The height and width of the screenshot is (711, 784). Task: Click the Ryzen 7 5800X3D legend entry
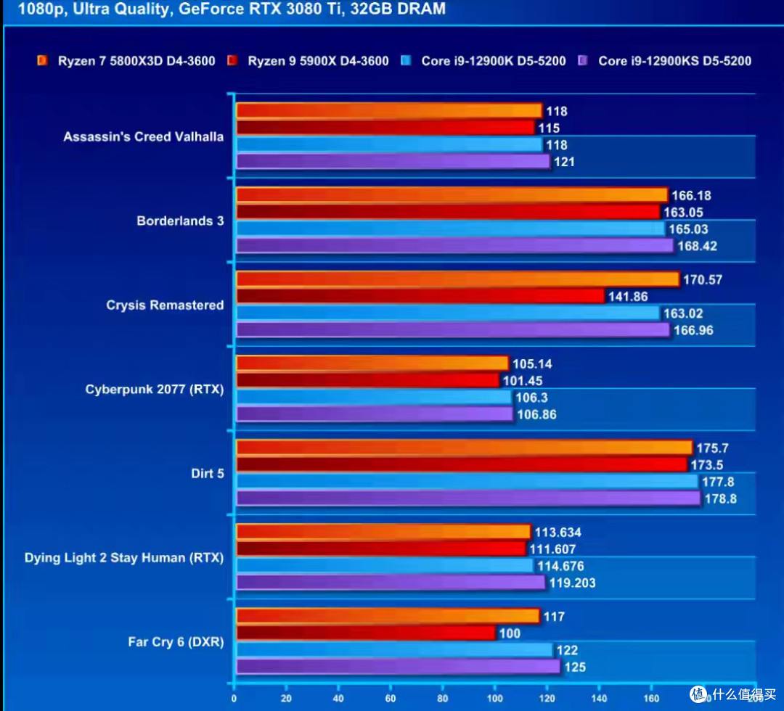126,61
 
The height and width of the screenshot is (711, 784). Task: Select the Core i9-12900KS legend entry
664,61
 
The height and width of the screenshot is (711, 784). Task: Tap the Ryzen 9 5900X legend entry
308,61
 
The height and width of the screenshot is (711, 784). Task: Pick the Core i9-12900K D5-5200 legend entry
483,61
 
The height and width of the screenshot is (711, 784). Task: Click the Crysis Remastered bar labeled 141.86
420,296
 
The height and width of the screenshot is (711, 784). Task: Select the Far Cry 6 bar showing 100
365,633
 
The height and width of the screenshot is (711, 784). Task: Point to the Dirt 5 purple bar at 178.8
468,498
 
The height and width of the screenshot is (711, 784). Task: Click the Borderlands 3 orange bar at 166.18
452,195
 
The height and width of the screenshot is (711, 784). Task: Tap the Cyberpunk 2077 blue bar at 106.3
374,398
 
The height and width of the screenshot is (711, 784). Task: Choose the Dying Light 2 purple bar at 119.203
391,583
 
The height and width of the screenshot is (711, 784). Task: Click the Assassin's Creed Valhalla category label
143,136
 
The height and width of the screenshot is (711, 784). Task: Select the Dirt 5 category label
208,473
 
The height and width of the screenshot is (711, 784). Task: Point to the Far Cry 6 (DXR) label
176,641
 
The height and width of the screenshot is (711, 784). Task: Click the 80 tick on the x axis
443,698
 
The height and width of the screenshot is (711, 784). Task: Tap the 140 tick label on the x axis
599,698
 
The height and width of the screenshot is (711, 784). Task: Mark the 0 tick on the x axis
234,698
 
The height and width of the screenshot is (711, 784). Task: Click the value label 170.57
703,280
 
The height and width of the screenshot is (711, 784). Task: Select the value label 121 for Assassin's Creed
564,162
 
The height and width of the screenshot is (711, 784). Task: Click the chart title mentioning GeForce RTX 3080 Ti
232,9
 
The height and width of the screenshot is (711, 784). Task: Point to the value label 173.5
706,465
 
